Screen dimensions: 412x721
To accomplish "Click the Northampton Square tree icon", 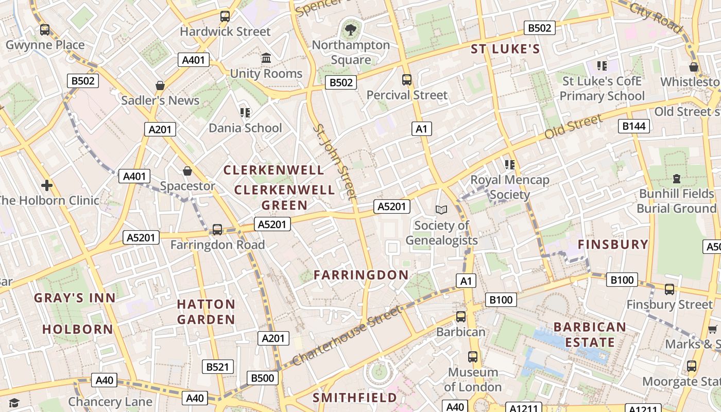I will pos(351,29).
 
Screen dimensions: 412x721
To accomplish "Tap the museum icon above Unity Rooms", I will pos(266,58).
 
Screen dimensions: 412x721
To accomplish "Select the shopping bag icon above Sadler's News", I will pos(160,85).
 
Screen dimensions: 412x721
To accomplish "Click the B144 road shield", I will pos(634,126).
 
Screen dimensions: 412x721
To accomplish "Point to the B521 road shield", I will pos(217,367).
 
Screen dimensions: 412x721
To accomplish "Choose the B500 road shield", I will pos(263,378).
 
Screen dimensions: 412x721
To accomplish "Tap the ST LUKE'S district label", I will pos(505,49).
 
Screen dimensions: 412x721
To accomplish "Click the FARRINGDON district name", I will pos(361,275).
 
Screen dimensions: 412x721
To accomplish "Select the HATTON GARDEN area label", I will pos(206,312).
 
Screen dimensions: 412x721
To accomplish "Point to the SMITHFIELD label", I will pos(355,398).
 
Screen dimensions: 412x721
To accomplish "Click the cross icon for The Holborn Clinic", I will pos(47,185).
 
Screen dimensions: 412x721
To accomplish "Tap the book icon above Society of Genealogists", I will pos(441,210).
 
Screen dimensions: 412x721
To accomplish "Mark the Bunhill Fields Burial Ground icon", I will pos(677,179).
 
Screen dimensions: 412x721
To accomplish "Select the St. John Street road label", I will pos(336,161).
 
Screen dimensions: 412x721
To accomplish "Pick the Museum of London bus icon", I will pos(472,356).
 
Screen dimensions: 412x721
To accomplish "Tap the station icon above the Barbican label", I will pos(461,316).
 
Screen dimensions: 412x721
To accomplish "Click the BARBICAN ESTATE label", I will pos(590,334).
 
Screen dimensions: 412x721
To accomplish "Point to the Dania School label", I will pos(245,128).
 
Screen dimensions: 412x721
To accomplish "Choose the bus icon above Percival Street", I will pos(407,80).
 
